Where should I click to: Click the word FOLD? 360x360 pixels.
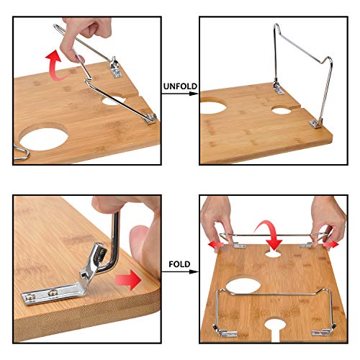(180, 264)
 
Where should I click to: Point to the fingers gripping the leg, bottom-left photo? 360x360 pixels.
(133, 223)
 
